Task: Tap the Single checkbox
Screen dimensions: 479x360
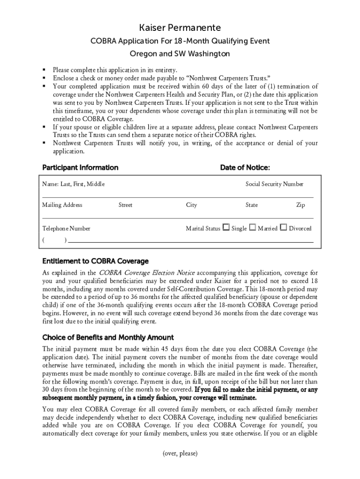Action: click(x=226, y=228)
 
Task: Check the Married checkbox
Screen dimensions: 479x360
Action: click(x=252, y=228)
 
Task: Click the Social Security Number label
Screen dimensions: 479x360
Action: click(x=274, y=184)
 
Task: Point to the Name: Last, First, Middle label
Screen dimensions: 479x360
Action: click(x=73, y=184)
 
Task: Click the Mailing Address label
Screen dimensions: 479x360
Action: click(x=62, y=205)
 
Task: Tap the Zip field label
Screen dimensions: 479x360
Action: click(x=301, y=205)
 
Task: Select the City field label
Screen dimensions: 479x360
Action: click(x=191, y=205)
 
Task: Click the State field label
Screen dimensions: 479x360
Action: click(x=252, y=205)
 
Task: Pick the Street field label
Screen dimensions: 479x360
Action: click(x=125, y=205)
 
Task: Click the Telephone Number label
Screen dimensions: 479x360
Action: click(x=66, y=229)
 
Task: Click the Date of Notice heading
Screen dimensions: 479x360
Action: click(x=245, y=167)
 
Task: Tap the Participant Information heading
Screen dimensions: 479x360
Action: click(x=80, y=167)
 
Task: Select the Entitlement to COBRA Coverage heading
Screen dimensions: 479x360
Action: click(x=95, y=261)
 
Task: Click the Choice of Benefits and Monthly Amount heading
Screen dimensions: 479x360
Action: click(x=108, y=337)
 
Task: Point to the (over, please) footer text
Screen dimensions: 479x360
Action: click(x=180, y=453)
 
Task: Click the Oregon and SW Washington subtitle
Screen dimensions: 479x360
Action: click(x=180, y=54)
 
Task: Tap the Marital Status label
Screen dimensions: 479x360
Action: click(x=203, y=229)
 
